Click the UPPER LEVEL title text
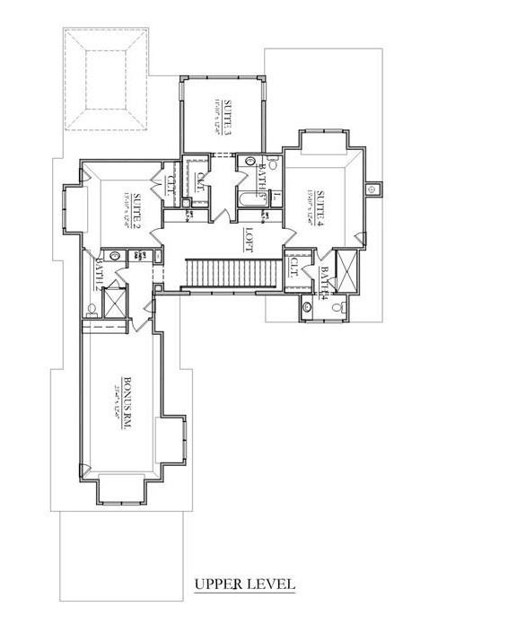pyautogui.click(x=245, y=585)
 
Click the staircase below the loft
pyautogui.click(x=230, y=273)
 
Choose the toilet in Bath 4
pyautogui.click(x=338, y=307)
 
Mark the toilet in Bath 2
pyautogui.click(x=92, y=312)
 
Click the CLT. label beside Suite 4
pyautogui.click(x=294, y=267)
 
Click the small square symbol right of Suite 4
pyautogui.click(x=374, y=189)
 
